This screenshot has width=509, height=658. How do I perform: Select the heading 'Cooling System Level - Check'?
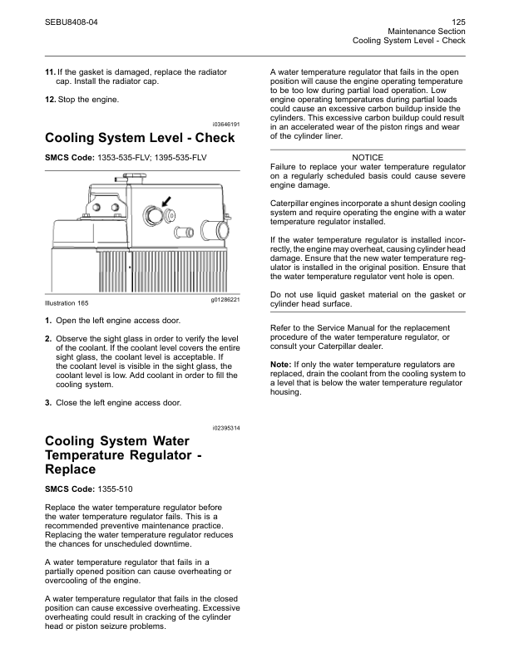click(x=139, y=138)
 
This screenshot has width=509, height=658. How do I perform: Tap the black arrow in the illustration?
click(x=166, y=202)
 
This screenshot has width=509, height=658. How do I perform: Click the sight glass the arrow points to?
click(x=152, y=215)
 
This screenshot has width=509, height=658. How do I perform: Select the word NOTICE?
click(x=368, y=158)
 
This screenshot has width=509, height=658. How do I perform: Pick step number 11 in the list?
click(x=49, y=73)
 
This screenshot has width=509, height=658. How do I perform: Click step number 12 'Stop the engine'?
click(x=49, y=101)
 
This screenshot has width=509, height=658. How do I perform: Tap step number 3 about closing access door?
click(x=48, y=403)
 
